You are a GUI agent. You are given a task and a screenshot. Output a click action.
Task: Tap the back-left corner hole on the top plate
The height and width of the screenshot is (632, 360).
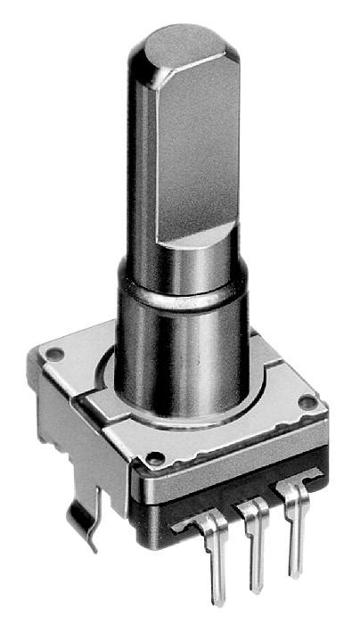coord(54,354)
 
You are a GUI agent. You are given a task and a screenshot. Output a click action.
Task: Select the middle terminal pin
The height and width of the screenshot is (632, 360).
coord(253,548)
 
